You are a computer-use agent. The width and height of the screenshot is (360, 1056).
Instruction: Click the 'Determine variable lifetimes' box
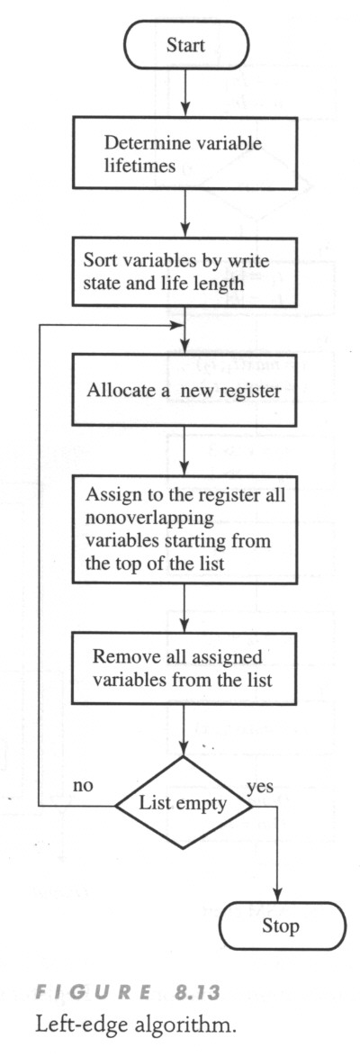tap(184, 154)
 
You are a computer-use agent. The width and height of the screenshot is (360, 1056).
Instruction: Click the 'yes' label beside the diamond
tap(260, 788)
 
